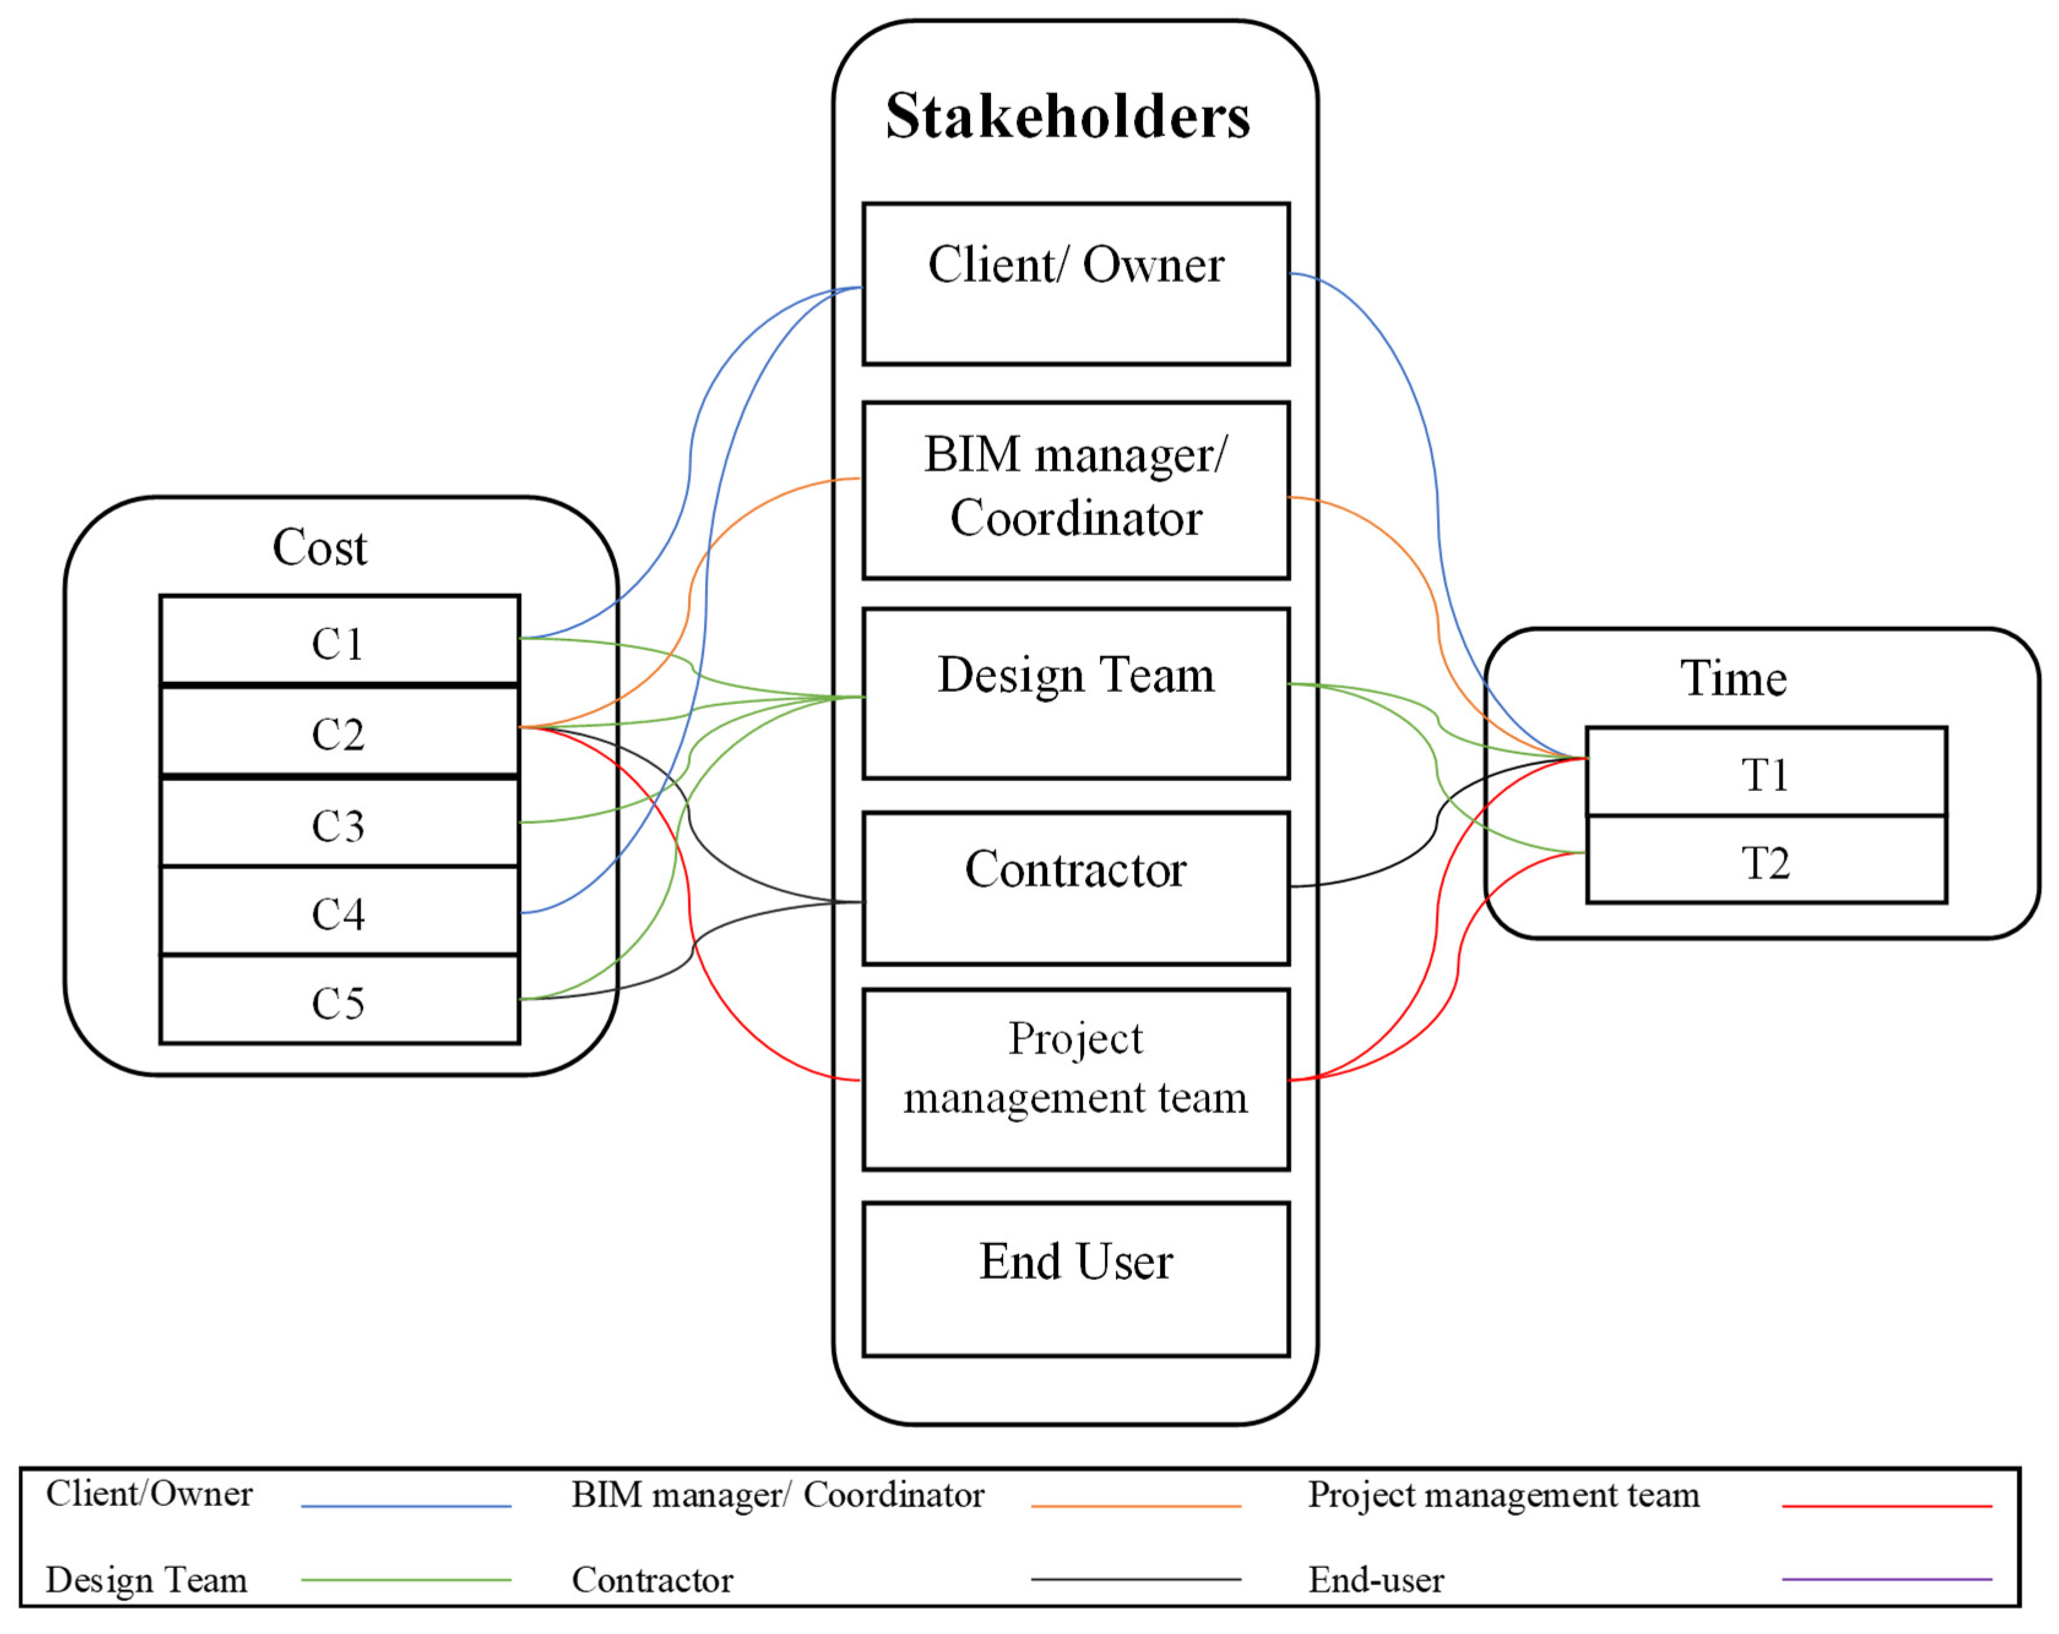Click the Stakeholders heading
click(x=1067, y=116)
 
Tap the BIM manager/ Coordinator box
click(x=1075, y=489)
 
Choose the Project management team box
click(x=1075, y=1078)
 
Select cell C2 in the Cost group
click(x=339, y=732)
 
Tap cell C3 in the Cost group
click(x=339, y=823)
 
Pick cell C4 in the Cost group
click(x=339, y=912)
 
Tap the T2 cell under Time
click(x=1765, y=860)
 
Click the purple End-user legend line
click(x=1886, y=1579)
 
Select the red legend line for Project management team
click(x=1886, y=1506)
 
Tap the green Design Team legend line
click(x=406, y=1579)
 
